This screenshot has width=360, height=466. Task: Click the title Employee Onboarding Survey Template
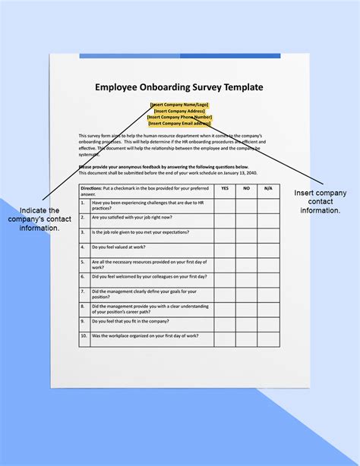click(x=179, y=87)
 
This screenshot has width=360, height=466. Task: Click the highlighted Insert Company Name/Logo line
click(x=179, y=104)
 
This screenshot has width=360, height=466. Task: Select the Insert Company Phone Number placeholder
click(x=179, y=117)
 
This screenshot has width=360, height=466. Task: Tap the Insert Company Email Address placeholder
click(x=179, y=123)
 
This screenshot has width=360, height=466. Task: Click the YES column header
click(x=225, y=187)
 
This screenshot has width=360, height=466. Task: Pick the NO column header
click(x=246, y=187)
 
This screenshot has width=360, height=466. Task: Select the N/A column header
click(x=267, y=187)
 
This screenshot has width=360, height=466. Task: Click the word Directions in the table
click(x=91, y=187)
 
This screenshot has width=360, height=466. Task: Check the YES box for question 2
click(x=225, y=220)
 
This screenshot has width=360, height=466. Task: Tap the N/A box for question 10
click(x=267, y=338)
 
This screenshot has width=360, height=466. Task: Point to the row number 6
click(x=84, y=278)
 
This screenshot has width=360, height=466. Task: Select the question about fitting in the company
click(x=130, y=322)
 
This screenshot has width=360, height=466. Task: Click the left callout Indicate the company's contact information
click(x=39, y=219)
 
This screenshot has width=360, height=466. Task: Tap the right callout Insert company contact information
click(x=320, y=201)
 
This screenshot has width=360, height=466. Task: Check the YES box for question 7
click(x=225, y=294)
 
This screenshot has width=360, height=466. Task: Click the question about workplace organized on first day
click(x=144, y=336)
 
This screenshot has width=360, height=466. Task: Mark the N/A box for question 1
click(x=267, y=205)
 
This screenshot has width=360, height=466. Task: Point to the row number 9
click(x=84, y=322)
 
